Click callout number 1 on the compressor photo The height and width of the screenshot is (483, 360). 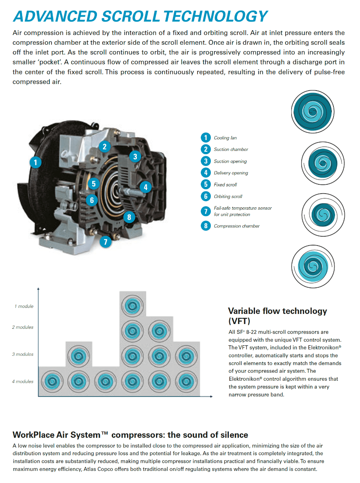coord(36,162)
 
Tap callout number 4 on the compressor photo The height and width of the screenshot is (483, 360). coord(146,187)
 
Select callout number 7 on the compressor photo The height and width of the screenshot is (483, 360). coord(105,242)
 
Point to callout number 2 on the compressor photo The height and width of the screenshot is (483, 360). coord(104,147)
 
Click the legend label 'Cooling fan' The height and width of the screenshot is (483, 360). coord(225,138)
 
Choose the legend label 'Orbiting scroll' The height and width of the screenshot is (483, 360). coord(228,196)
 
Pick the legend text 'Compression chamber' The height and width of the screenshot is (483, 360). coord(237,226)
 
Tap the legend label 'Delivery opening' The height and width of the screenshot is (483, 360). coord(231,173)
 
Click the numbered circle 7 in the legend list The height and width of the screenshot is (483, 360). coord(206,211)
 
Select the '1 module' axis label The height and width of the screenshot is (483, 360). coord(24,306)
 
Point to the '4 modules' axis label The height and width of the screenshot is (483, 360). coord(23,381)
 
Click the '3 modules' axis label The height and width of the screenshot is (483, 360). coord(23,354)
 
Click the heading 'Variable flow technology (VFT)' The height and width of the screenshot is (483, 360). coord(277,316)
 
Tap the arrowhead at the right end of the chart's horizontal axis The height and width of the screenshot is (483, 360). coord(212,396)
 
